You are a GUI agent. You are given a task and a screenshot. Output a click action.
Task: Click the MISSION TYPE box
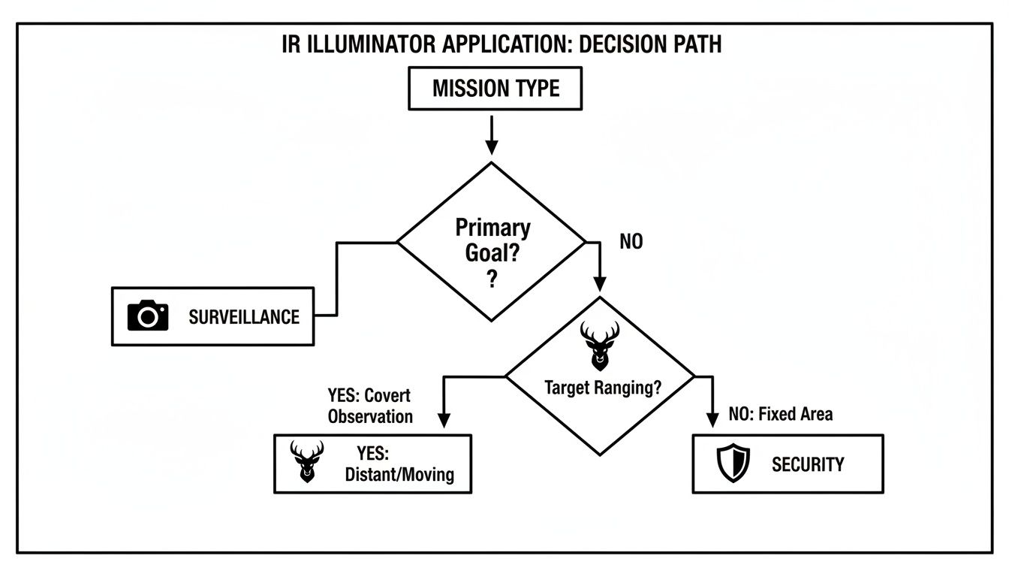495,89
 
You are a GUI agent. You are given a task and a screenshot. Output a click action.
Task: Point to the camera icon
148,316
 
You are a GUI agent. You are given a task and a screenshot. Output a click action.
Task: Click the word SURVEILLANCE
243,317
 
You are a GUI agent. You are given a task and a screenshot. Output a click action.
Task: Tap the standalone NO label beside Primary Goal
631,243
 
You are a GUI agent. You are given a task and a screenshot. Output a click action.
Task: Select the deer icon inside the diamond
600,345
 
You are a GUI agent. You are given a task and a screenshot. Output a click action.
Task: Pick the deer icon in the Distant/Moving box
307,461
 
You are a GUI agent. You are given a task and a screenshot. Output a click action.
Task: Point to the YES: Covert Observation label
369,406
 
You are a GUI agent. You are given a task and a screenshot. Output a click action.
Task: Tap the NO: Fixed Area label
780,414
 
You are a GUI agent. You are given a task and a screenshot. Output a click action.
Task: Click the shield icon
733,464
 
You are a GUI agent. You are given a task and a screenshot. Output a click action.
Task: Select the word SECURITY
807,464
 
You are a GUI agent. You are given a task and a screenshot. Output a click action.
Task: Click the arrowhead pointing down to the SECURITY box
711,421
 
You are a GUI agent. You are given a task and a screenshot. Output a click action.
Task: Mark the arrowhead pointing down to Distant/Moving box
444,421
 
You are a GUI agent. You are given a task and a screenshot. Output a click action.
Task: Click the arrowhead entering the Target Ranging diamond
600,284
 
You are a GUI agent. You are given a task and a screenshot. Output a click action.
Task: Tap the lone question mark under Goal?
492,279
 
